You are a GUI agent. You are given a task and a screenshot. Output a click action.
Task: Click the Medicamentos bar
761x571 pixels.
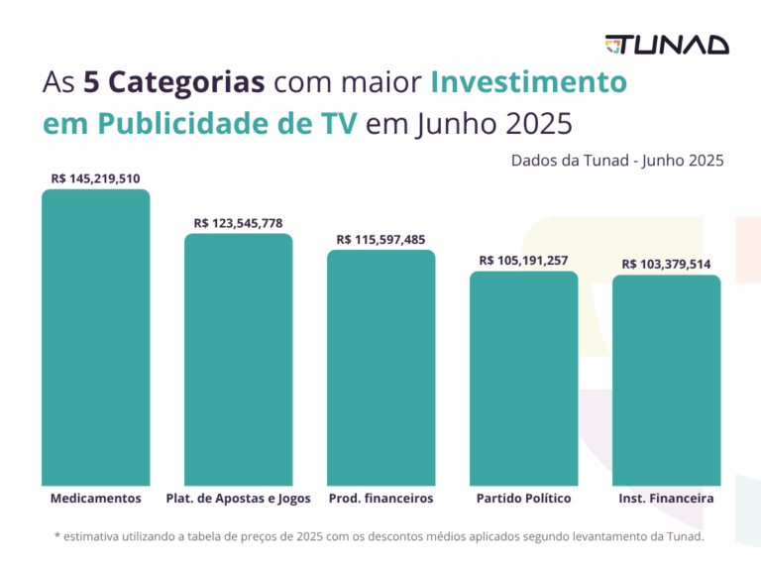tap(95, 337)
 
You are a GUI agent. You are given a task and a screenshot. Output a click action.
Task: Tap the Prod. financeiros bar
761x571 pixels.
tap(380, 367)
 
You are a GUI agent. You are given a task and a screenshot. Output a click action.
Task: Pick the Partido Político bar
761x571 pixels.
tap(523, 378)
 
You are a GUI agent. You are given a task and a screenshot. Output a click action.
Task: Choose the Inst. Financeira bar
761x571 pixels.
tap(666, 380)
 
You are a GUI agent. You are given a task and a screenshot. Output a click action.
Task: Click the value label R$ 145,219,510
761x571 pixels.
tap(95, 179)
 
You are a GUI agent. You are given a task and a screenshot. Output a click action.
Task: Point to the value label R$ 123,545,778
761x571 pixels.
tap(238, 223)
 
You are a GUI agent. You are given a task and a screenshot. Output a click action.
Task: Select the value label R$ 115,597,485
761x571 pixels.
tap(380, 239)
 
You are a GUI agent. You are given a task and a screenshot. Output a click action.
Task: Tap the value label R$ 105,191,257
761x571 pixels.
tap(523, 261)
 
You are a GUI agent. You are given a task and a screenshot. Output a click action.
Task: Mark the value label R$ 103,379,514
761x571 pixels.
tap(666, 265)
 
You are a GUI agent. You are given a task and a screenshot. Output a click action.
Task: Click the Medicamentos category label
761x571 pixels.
tap(95, 498)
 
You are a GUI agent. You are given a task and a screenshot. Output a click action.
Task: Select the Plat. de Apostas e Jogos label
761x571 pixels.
tap(238, 498)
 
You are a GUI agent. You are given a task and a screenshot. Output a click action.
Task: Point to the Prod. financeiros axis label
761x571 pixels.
tap(380, 498)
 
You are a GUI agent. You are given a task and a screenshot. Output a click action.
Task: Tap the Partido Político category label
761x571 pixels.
tap(523, 498)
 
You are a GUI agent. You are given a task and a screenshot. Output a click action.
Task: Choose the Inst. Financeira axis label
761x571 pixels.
tap(666, 498)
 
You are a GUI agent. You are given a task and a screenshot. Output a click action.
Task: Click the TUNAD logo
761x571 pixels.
tap(667, 45)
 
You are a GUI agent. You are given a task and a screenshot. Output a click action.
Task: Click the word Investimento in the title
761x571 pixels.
tap(527, 82)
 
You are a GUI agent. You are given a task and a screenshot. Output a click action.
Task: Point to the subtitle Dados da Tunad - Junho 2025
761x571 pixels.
tap(617, 160)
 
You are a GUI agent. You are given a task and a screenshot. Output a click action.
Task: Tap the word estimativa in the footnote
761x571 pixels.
tap(96, 536)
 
